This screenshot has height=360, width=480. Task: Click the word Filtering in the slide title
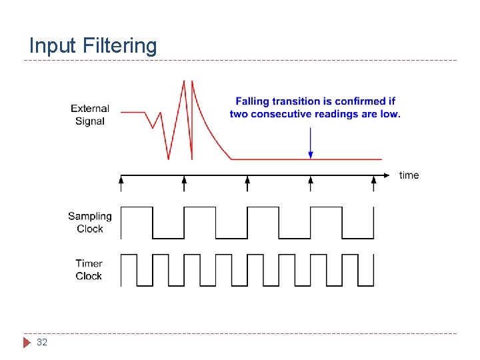(x=121, y=46)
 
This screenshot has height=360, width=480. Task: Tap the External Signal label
(x=90, y=115)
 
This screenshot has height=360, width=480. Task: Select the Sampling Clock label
(x=90, y=222)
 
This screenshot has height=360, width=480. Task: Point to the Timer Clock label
(x=89, y=269)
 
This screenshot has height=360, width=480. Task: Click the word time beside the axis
(x=409, y=175)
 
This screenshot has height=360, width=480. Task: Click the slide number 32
(x=42, y=342)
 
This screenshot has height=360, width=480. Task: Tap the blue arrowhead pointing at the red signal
(x=311, y=155)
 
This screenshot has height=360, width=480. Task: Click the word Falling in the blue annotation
(x=251, y=101)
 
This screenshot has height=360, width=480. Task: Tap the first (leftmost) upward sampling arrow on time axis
(x=121, y=179)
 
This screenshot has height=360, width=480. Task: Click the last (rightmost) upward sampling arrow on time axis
(x=373, y=179)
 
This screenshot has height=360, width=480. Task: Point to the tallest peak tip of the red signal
(x=184, y=81)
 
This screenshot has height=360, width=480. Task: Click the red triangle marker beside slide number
(x=27, y=343)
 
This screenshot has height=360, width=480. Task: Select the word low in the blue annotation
(x=391, y=113)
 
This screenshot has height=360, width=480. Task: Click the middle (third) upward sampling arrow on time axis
(x=247, y=179)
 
